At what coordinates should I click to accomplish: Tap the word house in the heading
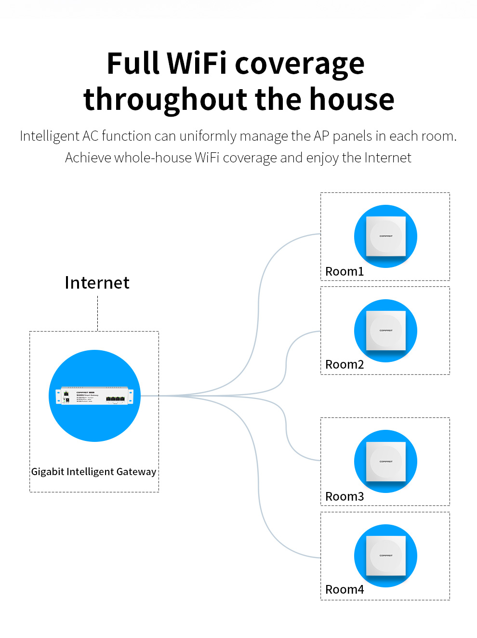(352, 99)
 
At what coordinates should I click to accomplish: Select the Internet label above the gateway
(97, 283)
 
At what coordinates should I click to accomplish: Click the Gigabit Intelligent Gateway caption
(93, 472)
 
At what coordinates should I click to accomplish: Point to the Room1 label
(344, 272)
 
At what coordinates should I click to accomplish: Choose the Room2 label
(344, 365)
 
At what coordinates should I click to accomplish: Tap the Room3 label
(344, 497)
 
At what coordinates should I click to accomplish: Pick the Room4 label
(344, 590)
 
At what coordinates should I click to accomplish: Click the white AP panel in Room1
(385, 236)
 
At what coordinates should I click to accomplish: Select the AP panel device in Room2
(385, 331)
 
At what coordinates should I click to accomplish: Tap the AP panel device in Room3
(385, 461)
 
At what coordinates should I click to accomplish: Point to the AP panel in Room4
(385, 556)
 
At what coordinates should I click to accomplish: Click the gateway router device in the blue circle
(94, 396)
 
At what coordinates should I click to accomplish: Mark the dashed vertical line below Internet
(98, 313)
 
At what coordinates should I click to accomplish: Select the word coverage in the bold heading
(299, 65)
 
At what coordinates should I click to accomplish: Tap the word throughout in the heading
(165, 99)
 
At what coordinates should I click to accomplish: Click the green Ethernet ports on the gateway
(116, 399)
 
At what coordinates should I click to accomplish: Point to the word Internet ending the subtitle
(387, 158)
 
